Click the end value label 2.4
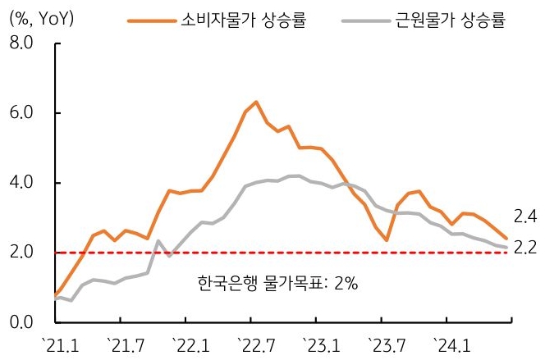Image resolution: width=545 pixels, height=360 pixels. [524, 218]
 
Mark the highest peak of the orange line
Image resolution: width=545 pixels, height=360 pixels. [256, 102]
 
